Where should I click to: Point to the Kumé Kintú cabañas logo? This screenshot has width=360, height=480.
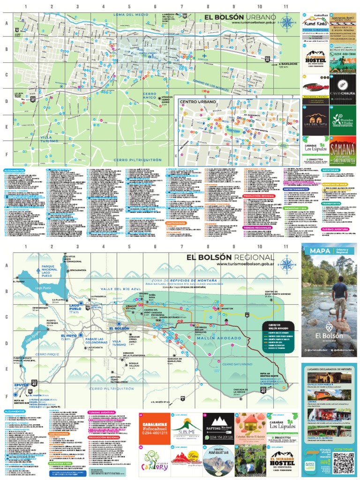pyautogui.click(x=315, y=23)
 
